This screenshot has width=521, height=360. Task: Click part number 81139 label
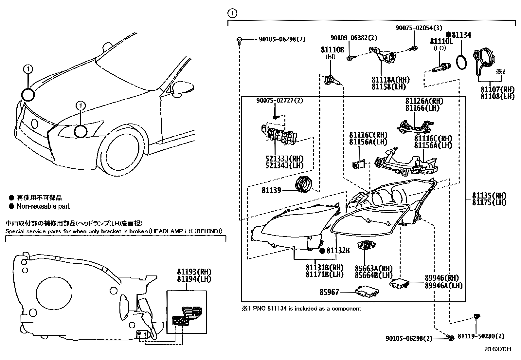(271, 190)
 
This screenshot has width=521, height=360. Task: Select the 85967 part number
(329, 292)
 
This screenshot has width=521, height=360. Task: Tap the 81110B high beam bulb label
(332, 49)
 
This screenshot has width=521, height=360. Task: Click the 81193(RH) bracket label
(194, 272)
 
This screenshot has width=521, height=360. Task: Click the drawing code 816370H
(498, 349)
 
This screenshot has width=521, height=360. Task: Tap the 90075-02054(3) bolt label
(419, 28)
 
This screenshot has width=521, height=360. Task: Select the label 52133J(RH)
(284, 159)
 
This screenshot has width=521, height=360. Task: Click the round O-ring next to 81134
(461, 62)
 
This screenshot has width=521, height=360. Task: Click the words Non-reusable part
(43, 206)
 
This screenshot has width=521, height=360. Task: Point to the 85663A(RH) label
(374, 268)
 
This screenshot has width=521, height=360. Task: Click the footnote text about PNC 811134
(301, 308)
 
